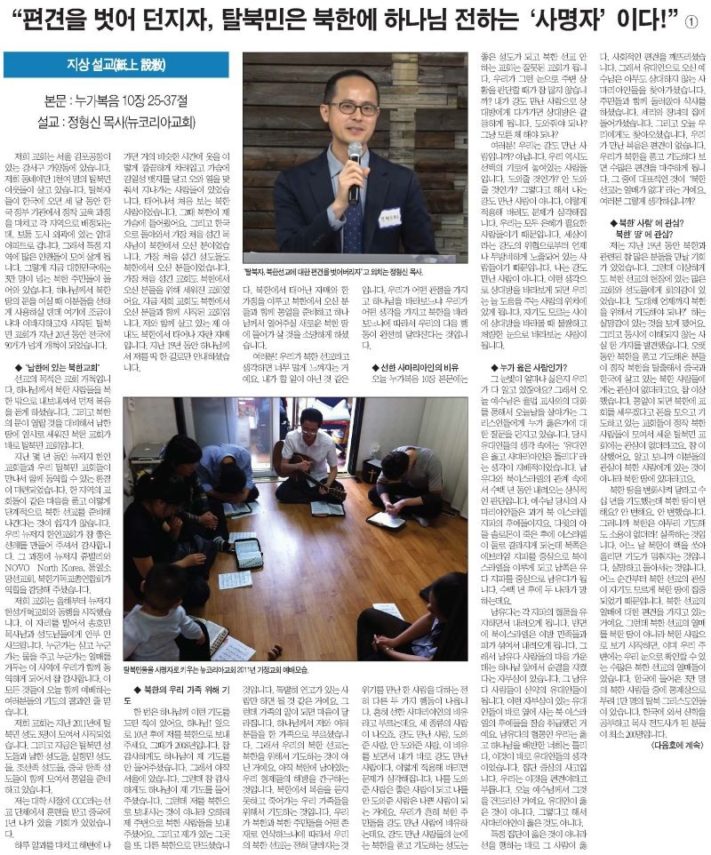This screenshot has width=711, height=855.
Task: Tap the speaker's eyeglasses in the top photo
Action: [x=352, y=108]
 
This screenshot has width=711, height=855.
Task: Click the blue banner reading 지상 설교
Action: [x=116, y=65]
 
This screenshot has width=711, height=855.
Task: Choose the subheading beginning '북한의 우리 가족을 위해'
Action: [x=178, y=689]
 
